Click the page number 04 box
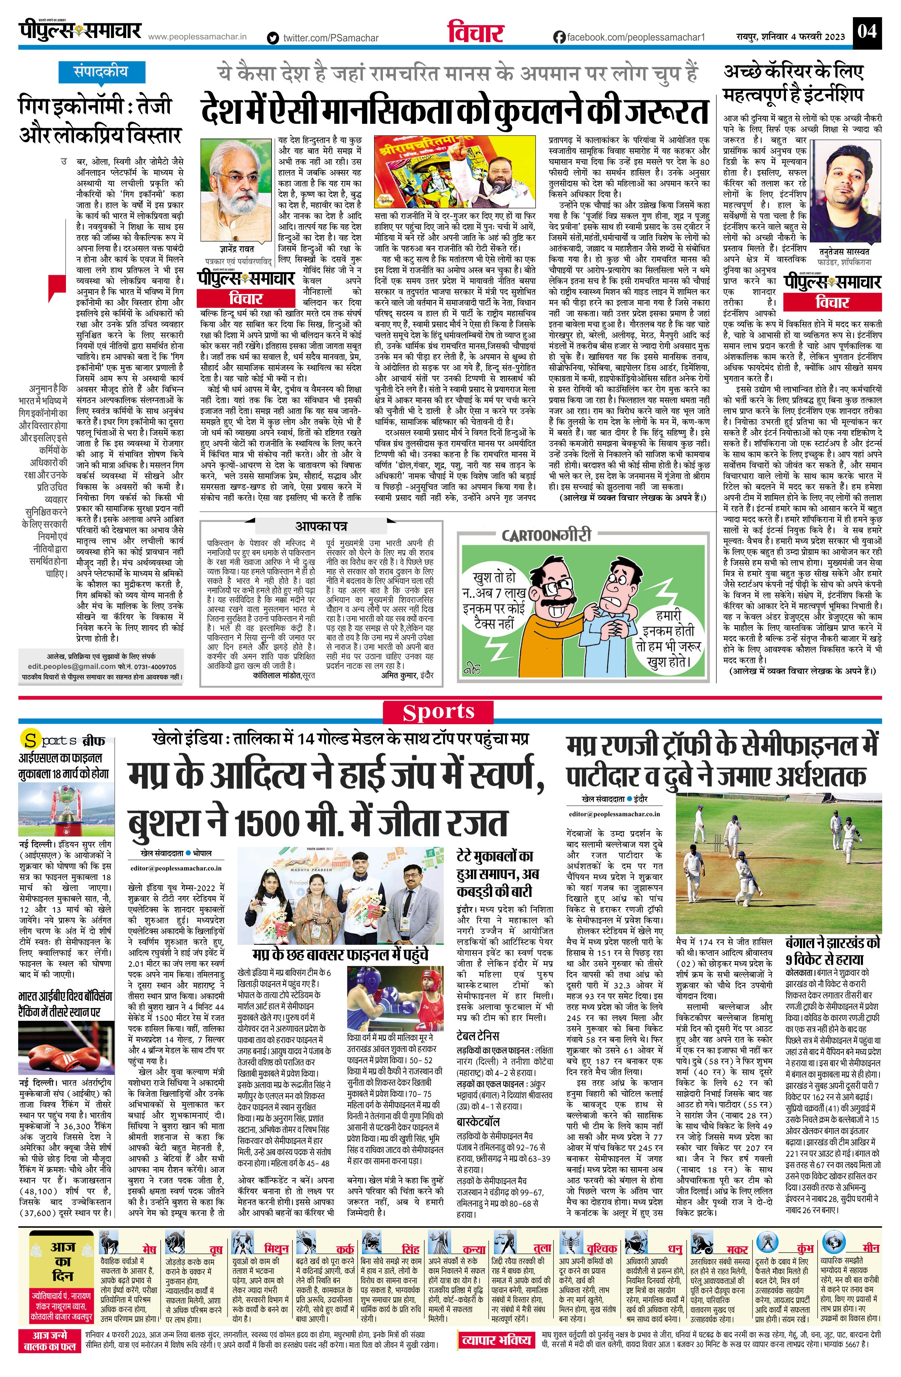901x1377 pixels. click(867, 30)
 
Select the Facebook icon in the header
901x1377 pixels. click(559, 37)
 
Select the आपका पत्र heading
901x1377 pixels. click(321, 526)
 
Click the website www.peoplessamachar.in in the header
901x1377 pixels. click(198, 37)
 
